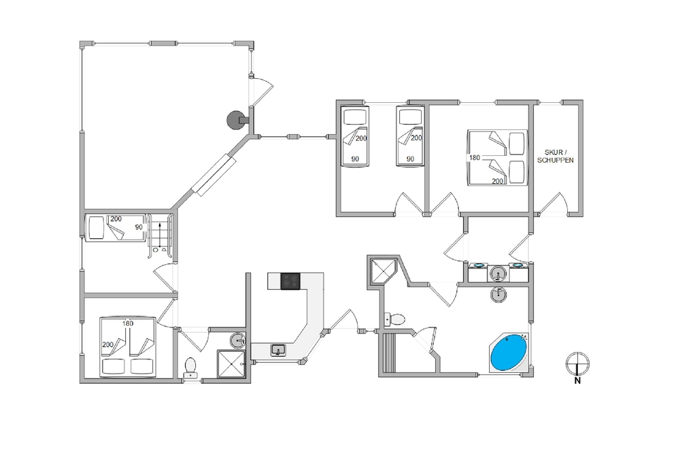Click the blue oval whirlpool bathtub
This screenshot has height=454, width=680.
pos(509,353)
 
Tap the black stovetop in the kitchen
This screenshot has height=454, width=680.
pos(290,281)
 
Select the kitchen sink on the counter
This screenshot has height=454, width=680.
pos(278,349)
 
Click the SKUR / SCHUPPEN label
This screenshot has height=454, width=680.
pos(555,156)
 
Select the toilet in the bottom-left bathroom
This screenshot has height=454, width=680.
pos(190,367)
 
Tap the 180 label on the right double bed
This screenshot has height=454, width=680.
pos(475,157)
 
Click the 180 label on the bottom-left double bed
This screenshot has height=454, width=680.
pos(128,323)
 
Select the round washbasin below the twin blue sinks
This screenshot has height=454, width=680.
pos(499,294)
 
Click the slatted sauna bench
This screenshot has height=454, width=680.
pos(388,353)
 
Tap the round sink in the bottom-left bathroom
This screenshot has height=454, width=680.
pos(237,340)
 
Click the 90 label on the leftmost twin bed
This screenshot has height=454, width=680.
pos(355,159)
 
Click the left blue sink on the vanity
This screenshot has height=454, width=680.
pos(478,265)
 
